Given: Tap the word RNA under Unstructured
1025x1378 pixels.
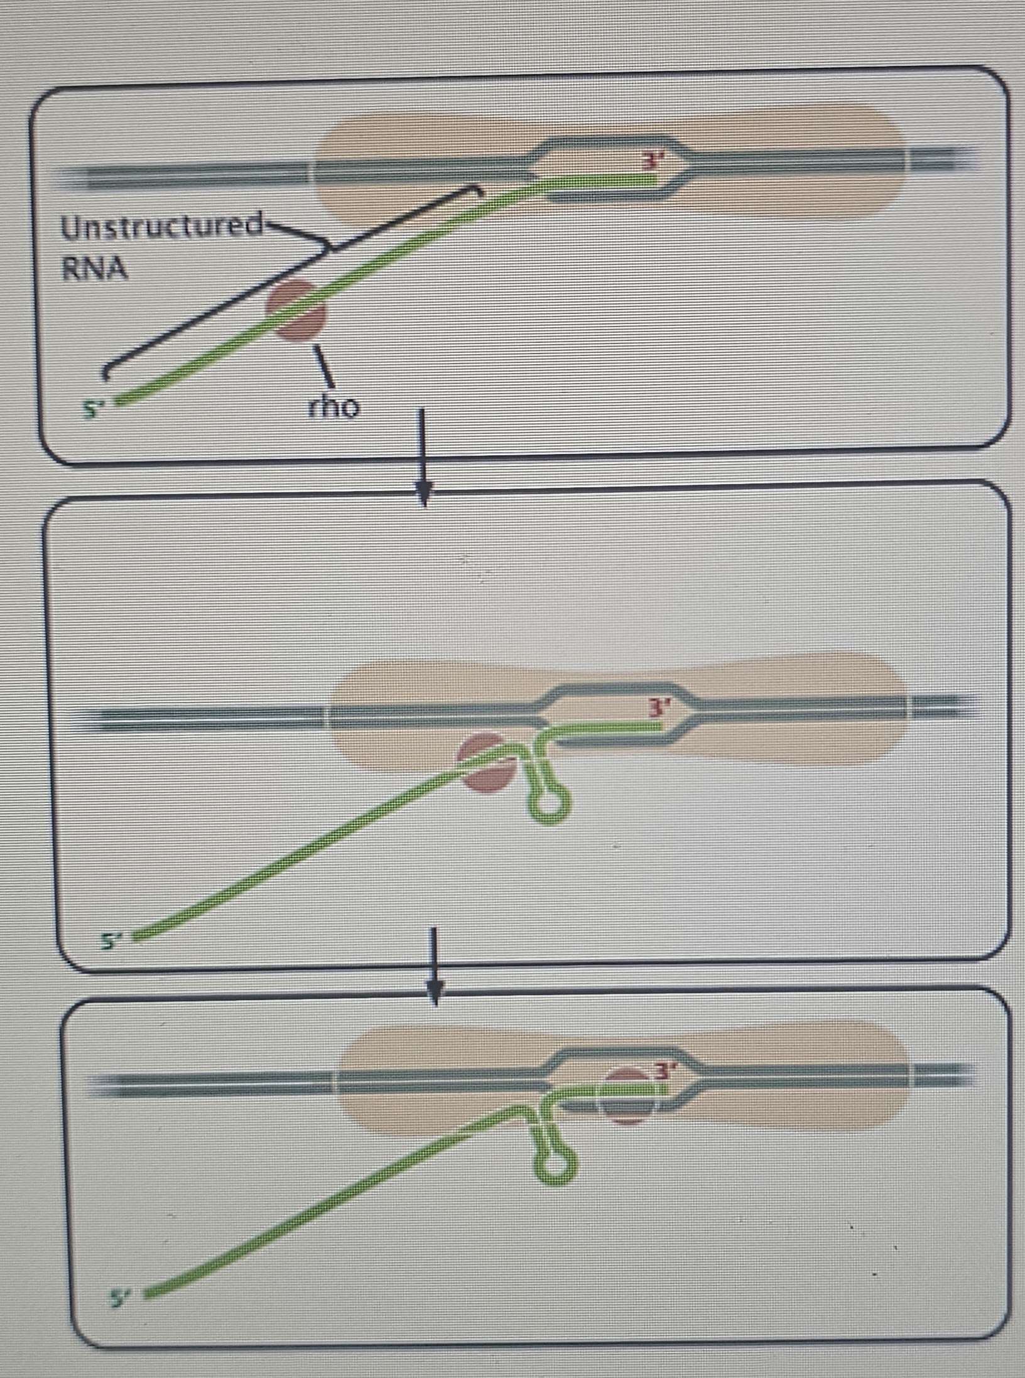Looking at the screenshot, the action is (94, 269).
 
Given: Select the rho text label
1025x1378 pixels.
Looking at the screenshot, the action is (334, 407).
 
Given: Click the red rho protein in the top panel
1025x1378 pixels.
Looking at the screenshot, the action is (296, 310).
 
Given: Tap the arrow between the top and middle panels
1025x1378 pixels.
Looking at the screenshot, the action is (423, 458).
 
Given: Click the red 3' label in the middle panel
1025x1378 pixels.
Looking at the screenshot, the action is (659, 708).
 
